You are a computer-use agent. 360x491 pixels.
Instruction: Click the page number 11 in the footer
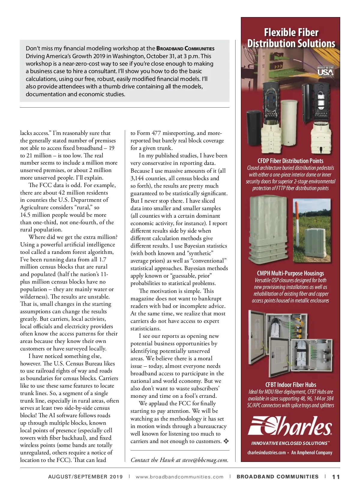pyautogui.click(x=336, y=477)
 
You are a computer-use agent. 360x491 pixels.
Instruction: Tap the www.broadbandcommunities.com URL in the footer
pyautogui.click(x=179, y=477)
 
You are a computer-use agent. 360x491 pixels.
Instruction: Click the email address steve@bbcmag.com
pyautogui.click(x=205, y=460)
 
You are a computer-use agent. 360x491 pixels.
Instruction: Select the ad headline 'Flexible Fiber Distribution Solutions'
pyautogui.click(x=291, y=38)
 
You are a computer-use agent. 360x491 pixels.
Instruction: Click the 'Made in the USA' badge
pyautogui.click(x=325, y=71)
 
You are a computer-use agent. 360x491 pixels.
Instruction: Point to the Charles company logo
pyautogui.click(x=290, y=426)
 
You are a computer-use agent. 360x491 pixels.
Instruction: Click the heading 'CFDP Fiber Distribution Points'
pyautogui.click(x=290, y=161)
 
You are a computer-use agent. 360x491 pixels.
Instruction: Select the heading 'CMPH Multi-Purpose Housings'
pyautogui.click(x=290, y=273)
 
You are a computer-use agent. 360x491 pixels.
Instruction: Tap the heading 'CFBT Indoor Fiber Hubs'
pyautogui.click(x=290, y=385)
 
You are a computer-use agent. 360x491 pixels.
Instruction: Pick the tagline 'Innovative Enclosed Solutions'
pyautogui.click(x=290, y=443)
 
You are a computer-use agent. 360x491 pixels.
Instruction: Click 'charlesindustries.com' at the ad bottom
pyautogui.click(x=266, y=453)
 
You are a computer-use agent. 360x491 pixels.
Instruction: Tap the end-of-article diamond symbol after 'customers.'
pyautogui.click(x=226, y=441)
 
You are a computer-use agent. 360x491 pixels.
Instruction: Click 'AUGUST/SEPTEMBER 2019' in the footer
pyautogui.click(x=85, y=477)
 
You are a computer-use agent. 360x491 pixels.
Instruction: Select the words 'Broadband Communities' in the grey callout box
pyautogui.click(x=185, y=49)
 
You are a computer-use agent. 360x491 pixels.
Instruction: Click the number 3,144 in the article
pyautogui.click(x=137, y=178)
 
